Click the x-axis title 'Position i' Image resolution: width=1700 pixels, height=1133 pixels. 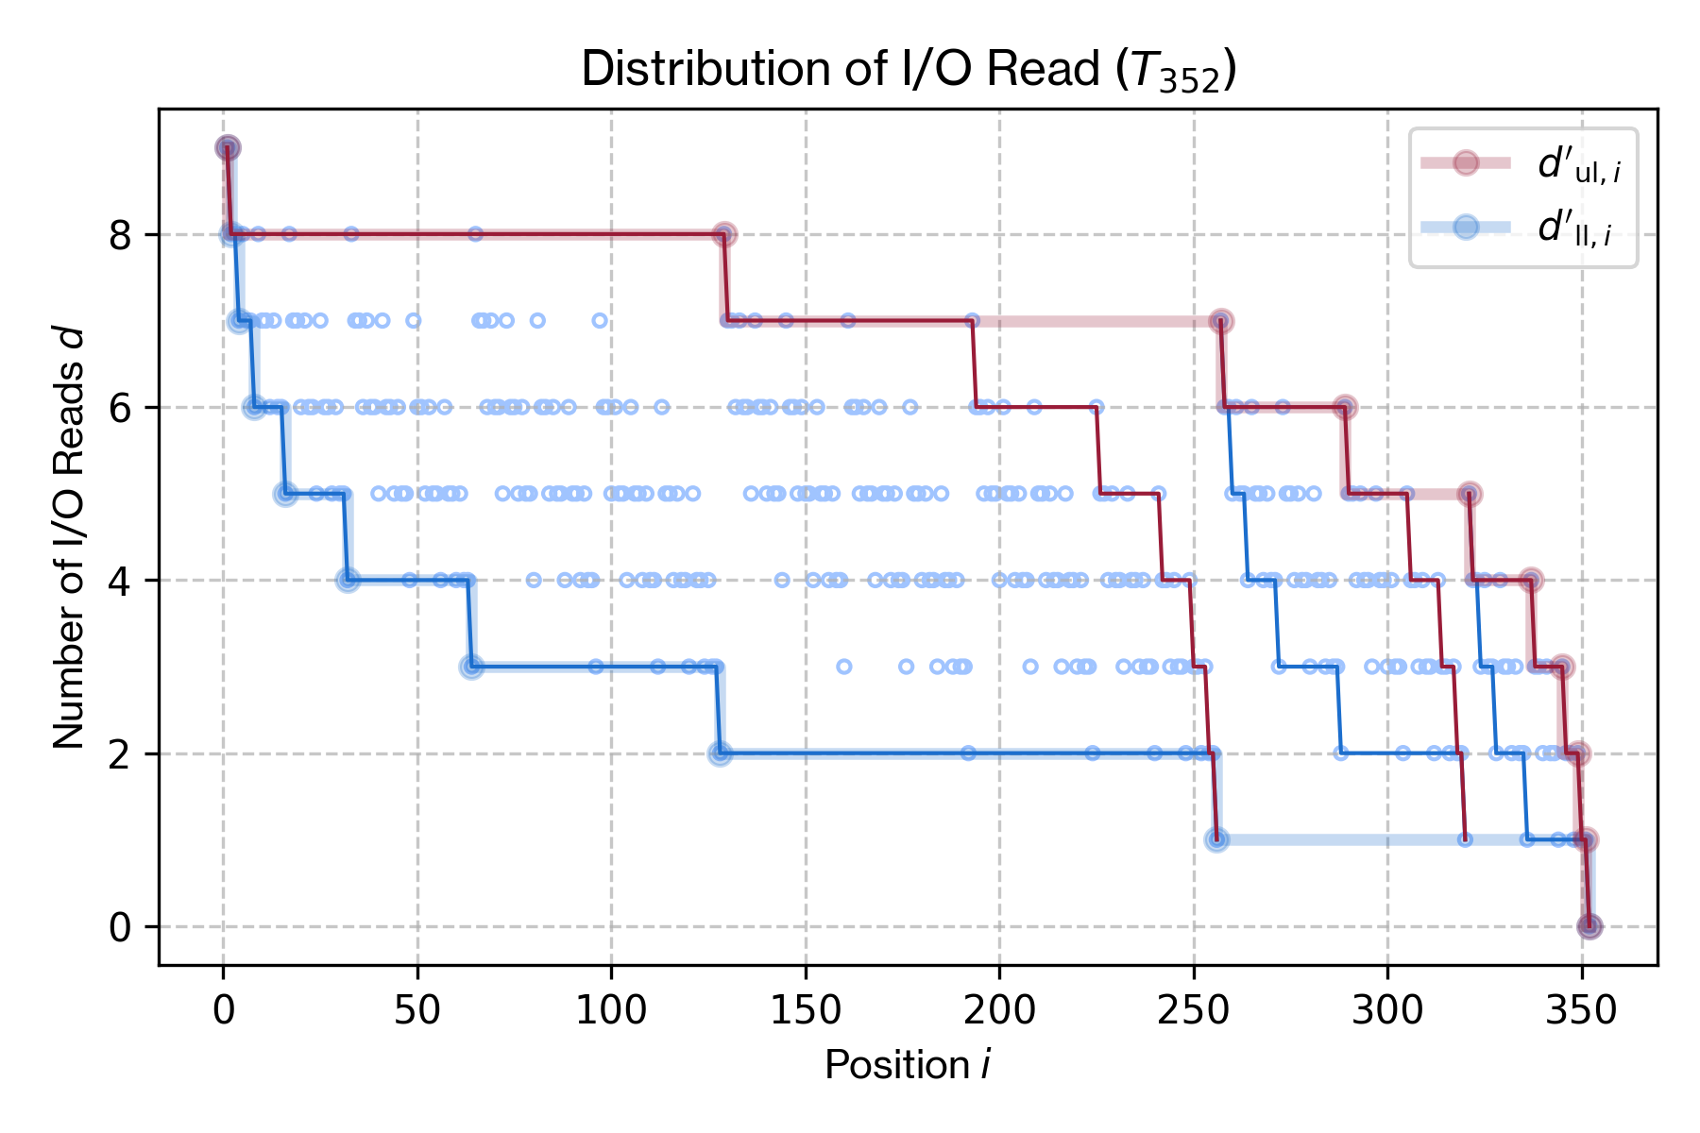tap(907, 1065)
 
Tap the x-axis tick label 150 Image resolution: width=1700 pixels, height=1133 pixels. tap(805, 1011)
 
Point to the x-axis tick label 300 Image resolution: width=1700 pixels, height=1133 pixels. tap(1387, 1011)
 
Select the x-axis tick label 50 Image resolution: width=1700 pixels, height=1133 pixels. tap(416, 1011)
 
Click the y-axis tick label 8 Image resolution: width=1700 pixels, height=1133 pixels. tap(121, 235)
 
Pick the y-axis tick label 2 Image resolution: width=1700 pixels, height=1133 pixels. tap(121, 754)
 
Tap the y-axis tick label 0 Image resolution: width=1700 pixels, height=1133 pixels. tap(121, 927)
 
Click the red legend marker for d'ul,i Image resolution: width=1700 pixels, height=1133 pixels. tap(1465, 162)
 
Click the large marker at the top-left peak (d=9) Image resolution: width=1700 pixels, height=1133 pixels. tap(228, 148)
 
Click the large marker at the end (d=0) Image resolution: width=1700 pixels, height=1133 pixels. tap(1589, 927)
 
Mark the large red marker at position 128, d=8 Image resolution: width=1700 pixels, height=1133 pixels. tap(724, 234)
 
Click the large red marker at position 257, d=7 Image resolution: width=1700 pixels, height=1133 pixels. tap(1221, 321)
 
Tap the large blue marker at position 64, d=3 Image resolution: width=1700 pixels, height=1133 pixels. tap(472, 667)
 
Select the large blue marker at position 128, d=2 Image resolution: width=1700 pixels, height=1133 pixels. tap(720, 753)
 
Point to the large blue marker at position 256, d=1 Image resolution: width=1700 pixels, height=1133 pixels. tap(1217, 839)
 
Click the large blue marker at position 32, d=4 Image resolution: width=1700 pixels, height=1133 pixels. tap(348, 580)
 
